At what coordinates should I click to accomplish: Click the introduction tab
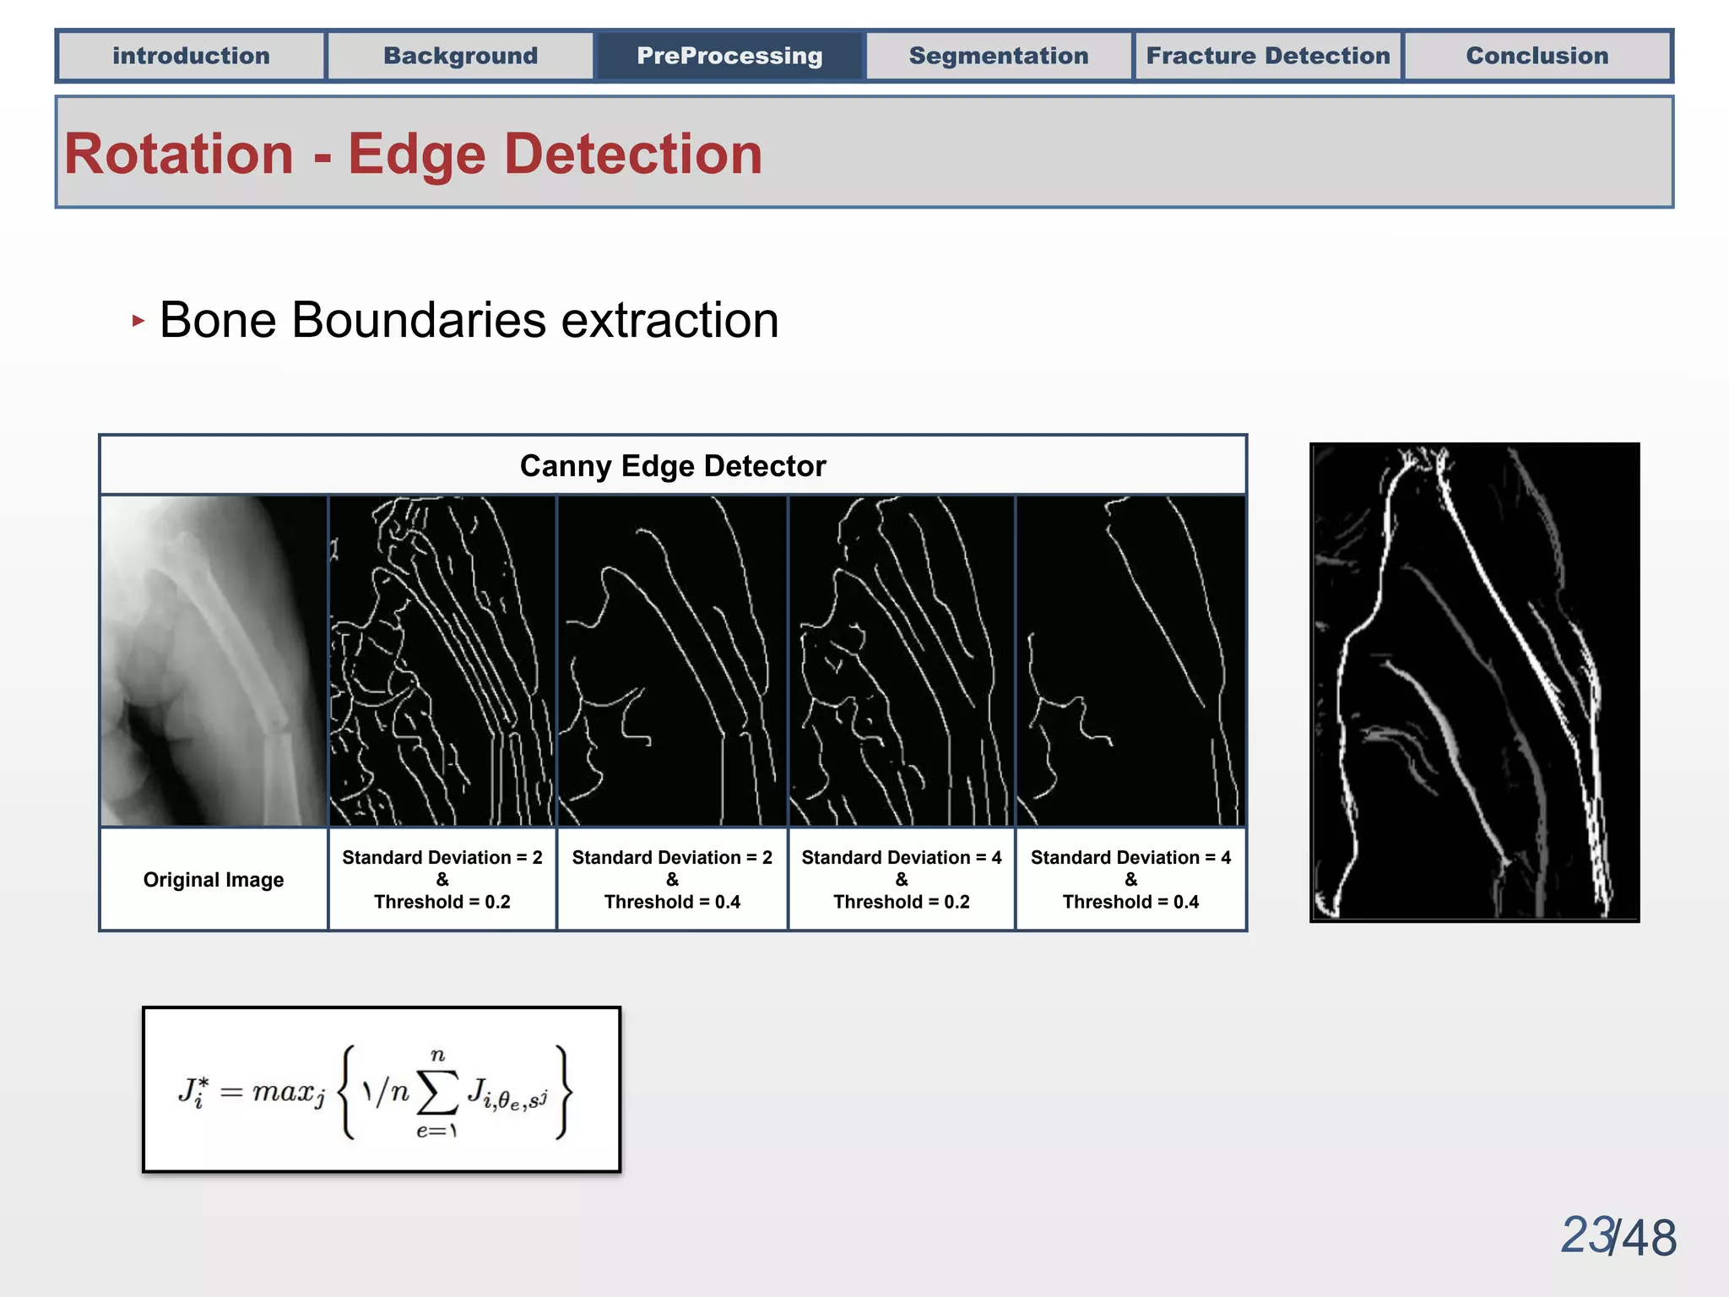click(191, 56)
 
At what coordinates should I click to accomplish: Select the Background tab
click(460, 56)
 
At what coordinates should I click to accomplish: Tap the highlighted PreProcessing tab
click(729, 56)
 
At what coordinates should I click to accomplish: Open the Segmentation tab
click(999, 56)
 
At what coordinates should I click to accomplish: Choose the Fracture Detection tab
click(1268, 56)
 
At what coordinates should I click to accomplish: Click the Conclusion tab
click(1537, 56)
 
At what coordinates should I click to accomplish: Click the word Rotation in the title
click(179, 155)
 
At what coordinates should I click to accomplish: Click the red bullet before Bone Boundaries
click(138, 321)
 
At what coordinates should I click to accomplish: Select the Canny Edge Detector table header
click(673, 466)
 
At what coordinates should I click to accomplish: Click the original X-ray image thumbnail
click(214, 660)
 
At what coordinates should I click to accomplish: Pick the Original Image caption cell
click(214, 880)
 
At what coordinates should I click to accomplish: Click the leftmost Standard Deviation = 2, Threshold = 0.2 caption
click(442, 880)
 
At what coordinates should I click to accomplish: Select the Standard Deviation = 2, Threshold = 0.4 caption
click(672, 880)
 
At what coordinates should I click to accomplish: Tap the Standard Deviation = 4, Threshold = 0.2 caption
click(902, 880)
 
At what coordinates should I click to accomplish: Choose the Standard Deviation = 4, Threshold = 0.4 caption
click(1131, 880)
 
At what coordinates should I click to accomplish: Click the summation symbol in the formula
click(438, 1093)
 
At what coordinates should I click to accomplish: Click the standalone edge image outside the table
click(1474, 682)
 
